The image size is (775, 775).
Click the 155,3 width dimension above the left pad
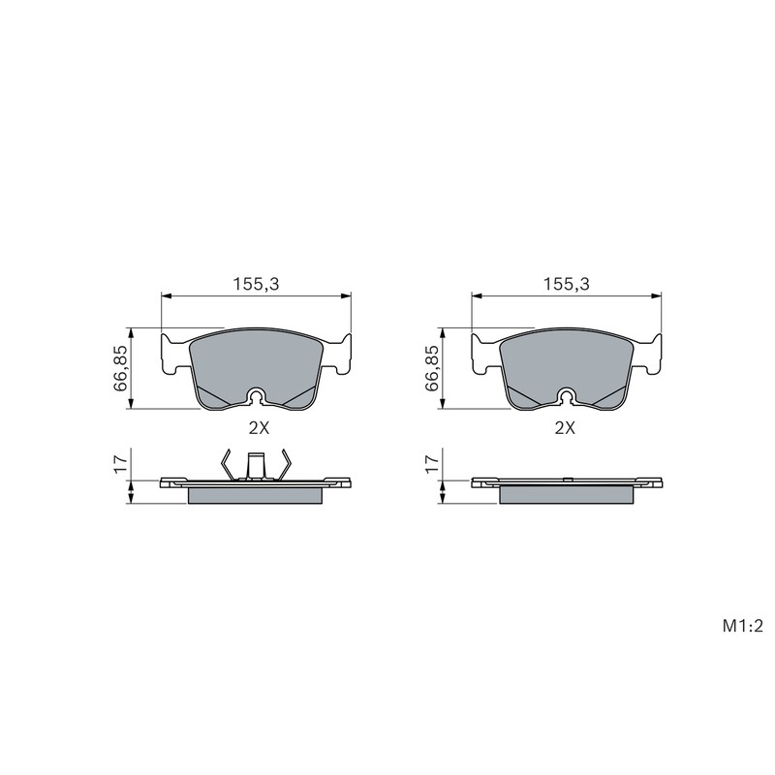pyautogui.click(x=257, y=284)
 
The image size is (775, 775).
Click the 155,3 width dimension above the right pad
pyautogui.click(x=567, y=284)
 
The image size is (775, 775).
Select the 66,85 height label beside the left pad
pyautogui.click(x=120, y=368)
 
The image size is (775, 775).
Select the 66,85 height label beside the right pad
pyautogui.click(x=431, y=368)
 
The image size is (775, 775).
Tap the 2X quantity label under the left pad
pyautogui.click(x=259, y=428)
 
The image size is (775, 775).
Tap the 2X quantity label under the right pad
pyautogui.click(x=566, y=428)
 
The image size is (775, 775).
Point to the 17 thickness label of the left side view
pyautogui.click(x=121, y=465)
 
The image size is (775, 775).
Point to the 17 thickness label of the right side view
pyautogui.click(x=432, y=465)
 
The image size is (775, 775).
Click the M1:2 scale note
pyautogui.click(x=743, y=626)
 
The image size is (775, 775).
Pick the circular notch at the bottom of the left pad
pyautogui.click(x=257, y=396)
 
